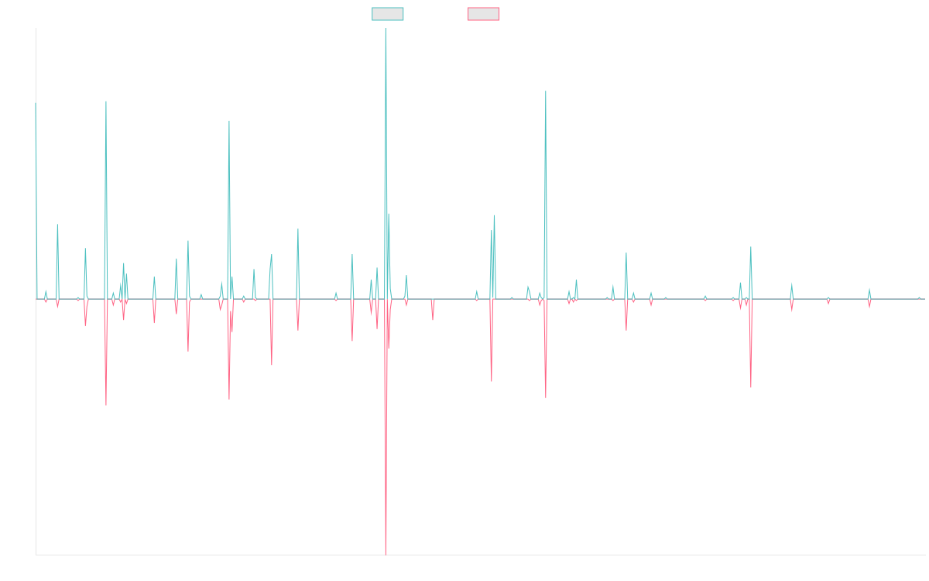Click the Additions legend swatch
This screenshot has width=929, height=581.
[387, 14]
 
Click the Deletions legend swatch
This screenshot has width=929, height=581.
[483, 14]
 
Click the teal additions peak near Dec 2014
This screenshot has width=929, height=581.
[106, 101]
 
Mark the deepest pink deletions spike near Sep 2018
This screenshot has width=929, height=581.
[386, 553]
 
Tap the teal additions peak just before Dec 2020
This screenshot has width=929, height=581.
[546, 91]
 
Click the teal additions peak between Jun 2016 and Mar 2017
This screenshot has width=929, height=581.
[229, 121]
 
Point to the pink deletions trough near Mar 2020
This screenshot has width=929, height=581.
[492, 381]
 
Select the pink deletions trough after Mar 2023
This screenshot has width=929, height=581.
[751, 387]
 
